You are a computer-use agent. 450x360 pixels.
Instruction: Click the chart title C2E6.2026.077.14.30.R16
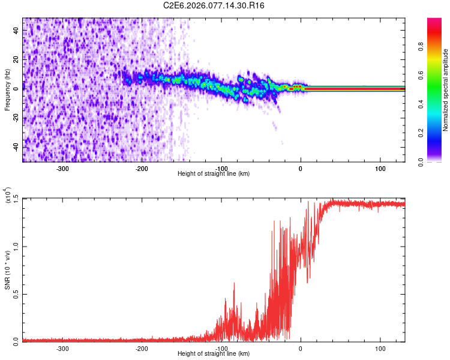[214, 5]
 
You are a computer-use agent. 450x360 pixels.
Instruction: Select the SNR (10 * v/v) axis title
[7, 268]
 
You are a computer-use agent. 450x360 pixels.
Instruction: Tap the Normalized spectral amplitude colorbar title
[445, 90]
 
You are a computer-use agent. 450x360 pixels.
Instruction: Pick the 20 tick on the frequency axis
[16, 59]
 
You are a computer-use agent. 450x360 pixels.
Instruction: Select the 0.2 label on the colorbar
[439, 133]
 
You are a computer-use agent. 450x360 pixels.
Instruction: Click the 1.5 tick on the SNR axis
[16, 199]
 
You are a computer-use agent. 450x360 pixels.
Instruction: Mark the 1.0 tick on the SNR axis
[16, 246]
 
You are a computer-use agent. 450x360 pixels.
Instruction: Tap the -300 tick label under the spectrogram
[62, 169]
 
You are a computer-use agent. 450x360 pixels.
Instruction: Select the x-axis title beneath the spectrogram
[214, 174]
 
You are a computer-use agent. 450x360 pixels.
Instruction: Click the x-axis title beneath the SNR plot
[214, 354]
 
